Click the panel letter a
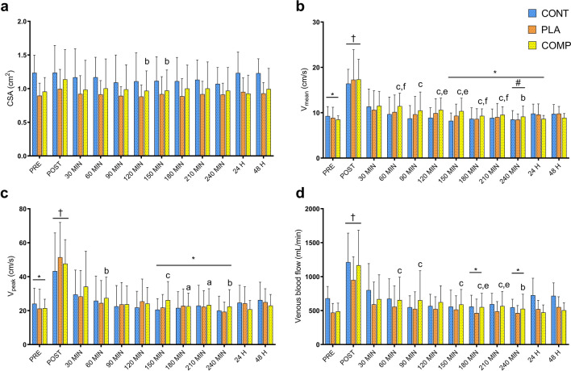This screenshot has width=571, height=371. point(6,6)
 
